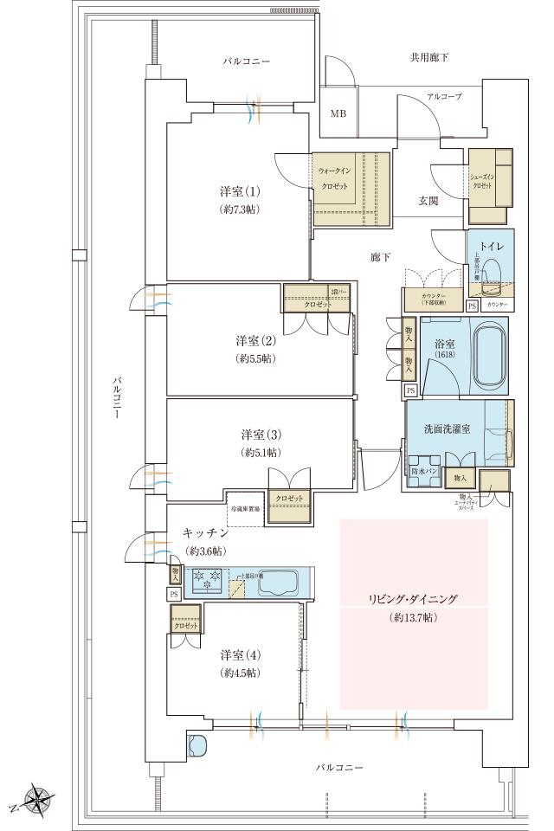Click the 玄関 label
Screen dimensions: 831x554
click(428, 201)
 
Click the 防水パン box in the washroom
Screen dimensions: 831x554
click(425, 472)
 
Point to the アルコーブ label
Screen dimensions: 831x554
click(443, 97)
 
